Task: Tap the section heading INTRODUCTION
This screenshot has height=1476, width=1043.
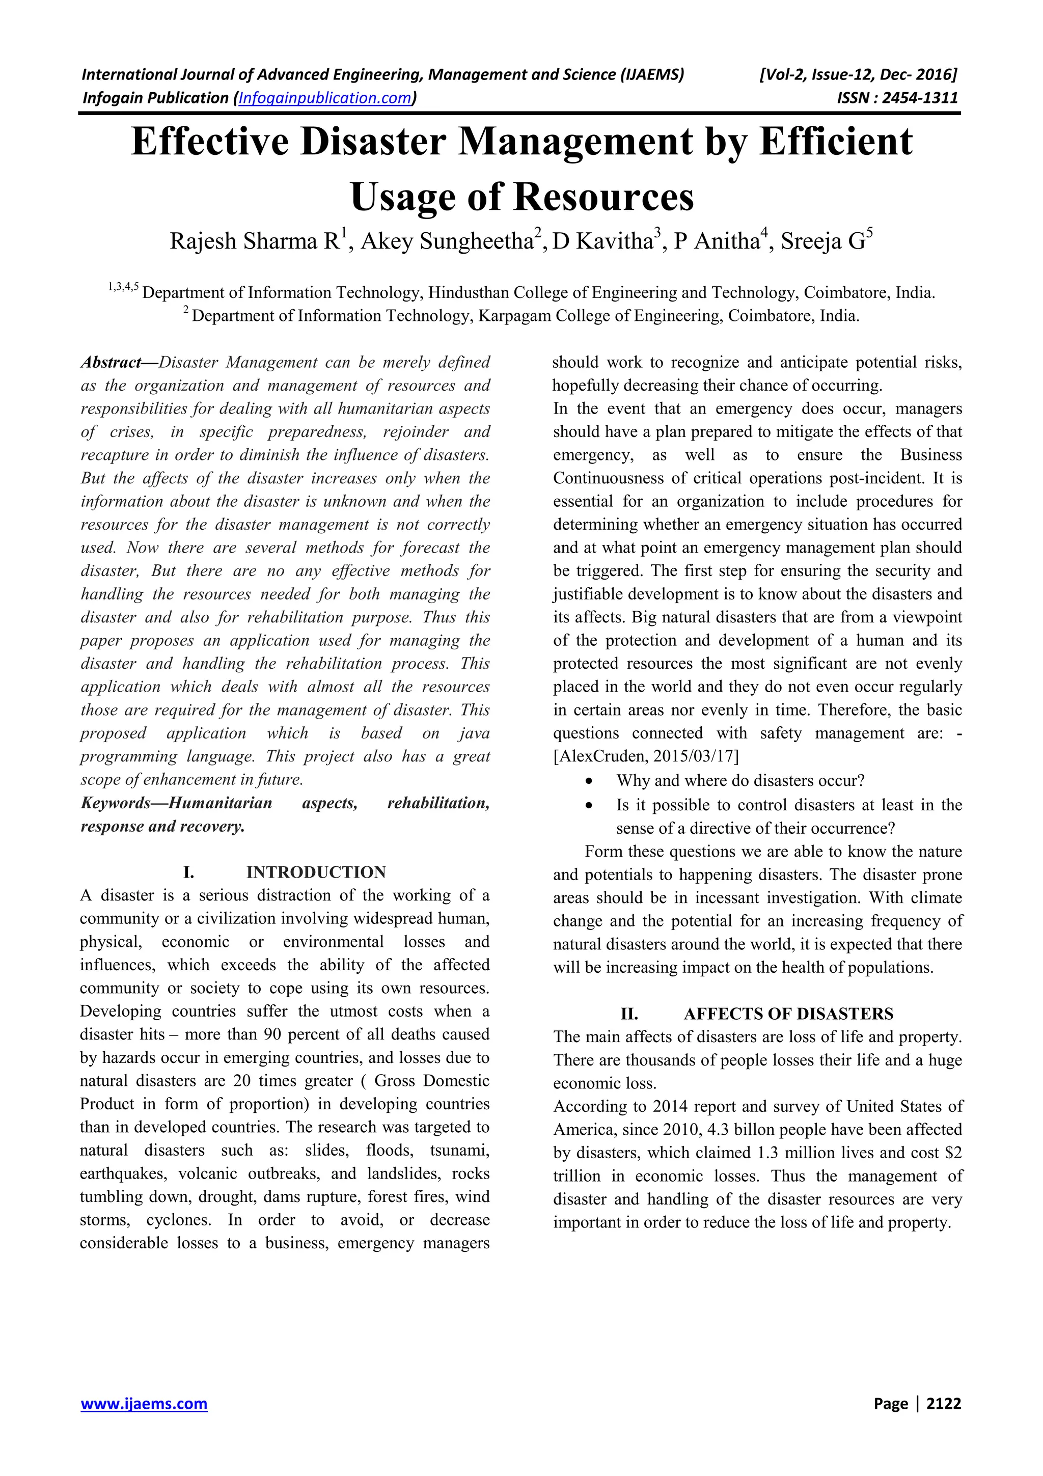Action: point(316,872)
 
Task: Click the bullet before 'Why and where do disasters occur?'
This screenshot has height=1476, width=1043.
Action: point(589,781)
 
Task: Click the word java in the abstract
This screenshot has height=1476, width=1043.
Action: point(474,733)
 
